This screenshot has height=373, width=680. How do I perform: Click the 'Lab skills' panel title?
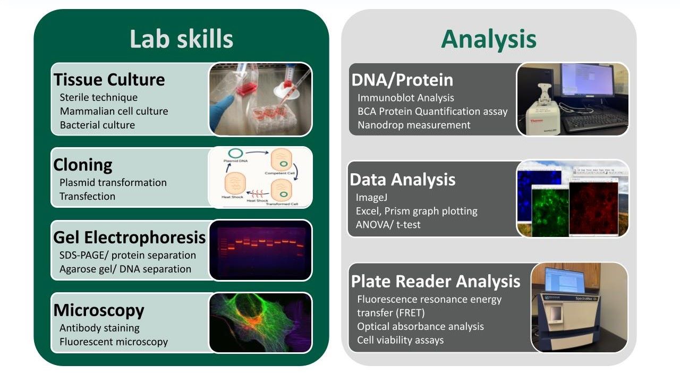tap(181, 39)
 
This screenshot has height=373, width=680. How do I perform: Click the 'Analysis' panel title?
tap(488, 39)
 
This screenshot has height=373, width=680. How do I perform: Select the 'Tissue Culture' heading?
tap(109, 80)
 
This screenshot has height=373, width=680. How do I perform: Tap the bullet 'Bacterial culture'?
tap(97, 125)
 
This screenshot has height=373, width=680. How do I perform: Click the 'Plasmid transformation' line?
tap(113, 182)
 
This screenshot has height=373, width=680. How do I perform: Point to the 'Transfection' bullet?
tap(87, 196)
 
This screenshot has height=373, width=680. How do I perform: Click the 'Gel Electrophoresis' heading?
tap(129, 237)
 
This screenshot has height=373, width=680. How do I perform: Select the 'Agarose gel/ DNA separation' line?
tap(125, 269)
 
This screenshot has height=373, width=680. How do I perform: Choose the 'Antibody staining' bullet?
tap(99, 328)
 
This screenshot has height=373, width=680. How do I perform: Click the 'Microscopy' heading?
tap(99, 310)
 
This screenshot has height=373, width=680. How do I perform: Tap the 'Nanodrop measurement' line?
tap(414, 125)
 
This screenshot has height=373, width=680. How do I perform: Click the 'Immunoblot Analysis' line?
tap(405, 97)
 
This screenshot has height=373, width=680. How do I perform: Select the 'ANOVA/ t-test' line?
tap(388, 225)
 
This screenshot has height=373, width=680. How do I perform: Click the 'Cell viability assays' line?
tap(400, 340)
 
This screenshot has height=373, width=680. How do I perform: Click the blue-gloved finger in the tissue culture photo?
tap(224, 103)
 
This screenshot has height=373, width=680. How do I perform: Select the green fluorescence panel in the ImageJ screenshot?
tap(550, 210)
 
